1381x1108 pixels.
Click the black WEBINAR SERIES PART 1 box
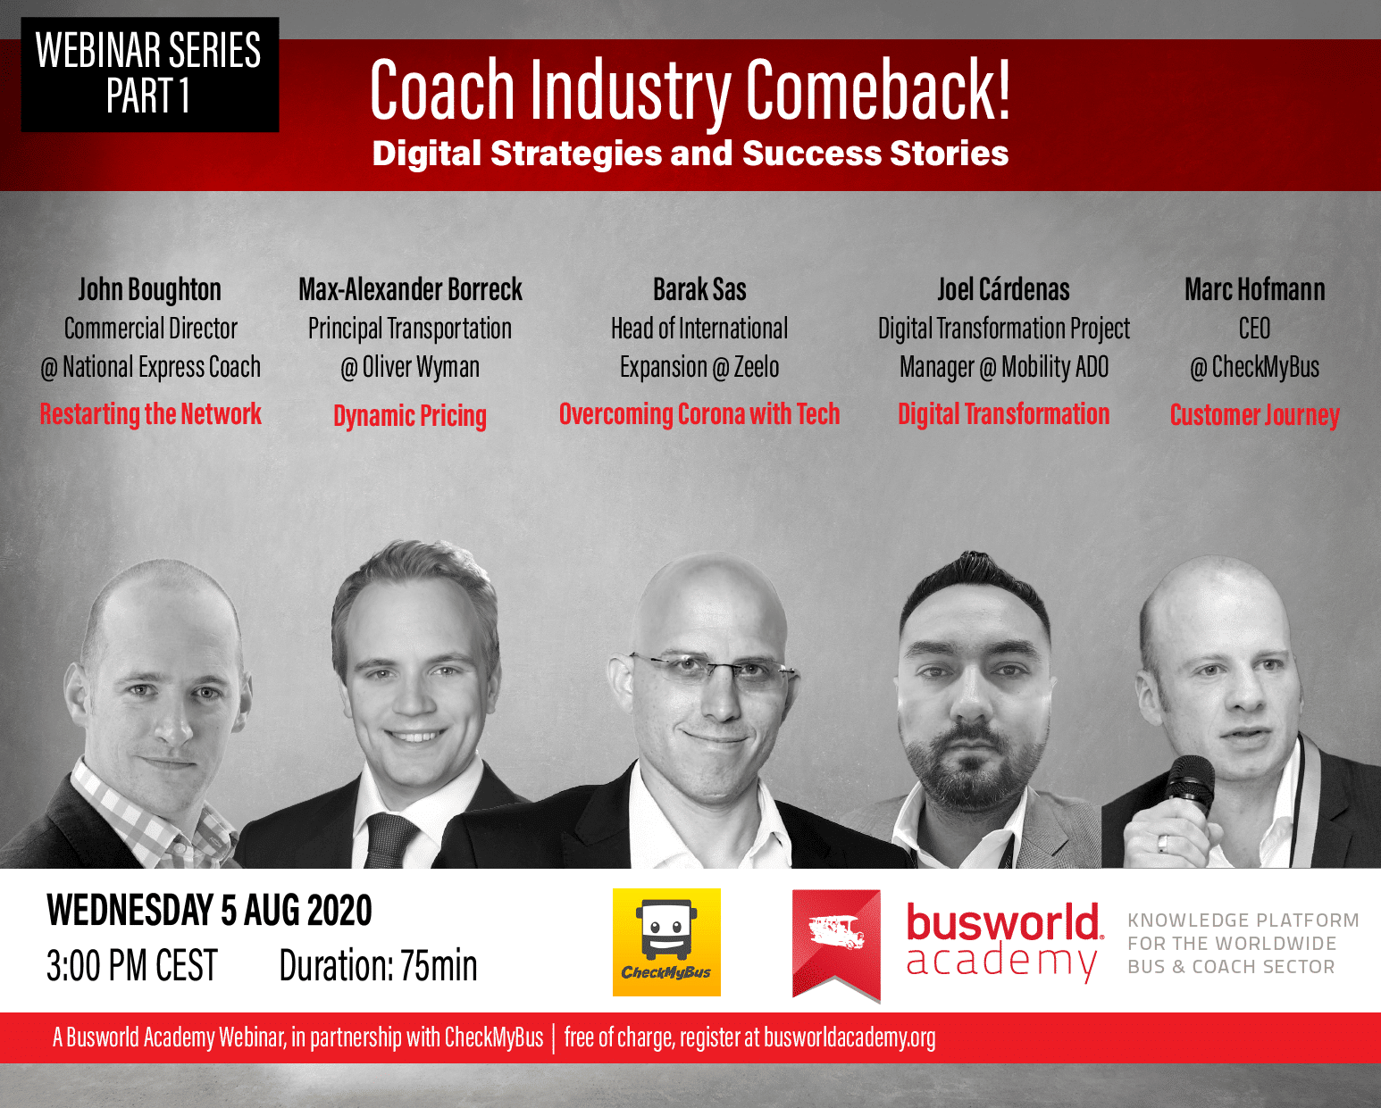150,74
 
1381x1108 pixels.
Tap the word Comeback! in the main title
878,90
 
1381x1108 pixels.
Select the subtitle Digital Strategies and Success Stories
690,154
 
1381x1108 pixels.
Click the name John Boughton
149,289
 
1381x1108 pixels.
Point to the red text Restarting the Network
150,414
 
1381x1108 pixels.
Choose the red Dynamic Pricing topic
410,416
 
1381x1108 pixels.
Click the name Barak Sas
699,289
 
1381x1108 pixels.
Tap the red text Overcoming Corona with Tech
699,414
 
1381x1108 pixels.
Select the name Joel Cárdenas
1004,289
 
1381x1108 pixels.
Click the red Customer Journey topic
1254,415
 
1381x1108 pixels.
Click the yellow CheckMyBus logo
666,942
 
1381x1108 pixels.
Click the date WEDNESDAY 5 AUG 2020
209,910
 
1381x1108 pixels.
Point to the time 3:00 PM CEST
131,965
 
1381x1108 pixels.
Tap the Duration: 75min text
378,965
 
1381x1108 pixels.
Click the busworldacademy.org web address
849,1037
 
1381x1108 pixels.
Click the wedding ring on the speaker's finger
1162,843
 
